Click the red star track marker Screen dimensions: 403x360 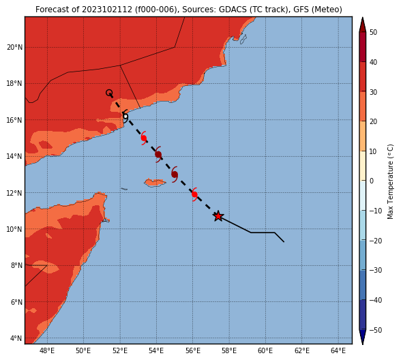218,216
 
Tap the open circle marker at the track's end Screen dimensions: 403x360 109,93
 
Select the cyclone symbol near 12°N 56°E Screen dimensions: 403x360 194,194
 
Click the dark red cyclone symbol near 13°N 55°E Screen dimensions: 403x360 175,175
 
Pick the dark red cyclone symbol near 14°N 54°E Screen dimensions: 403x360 158,155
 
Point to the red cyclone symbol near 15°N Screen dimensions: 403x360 144,138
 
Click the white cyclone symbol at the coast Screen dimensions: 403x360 125,117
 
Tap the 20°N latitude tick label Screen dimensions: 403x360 14,48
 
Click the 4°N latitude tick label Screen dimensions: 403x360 16,338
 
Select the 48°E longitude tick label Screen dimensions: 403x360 47,350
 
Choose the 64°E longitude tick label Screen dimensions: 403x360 338,350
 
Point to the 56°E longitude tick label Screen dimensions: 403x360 193,350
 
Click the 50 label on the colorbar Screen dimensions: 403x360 373,32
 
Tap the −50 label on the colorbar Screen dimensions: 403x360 376,330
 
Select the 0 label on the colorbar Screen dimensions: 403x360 372,181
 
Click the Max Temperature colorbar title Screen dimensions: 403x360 390,181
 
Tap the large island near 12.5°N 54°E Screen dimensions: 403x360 155,183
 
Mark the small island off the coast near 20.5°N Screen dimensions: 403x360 243,40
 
